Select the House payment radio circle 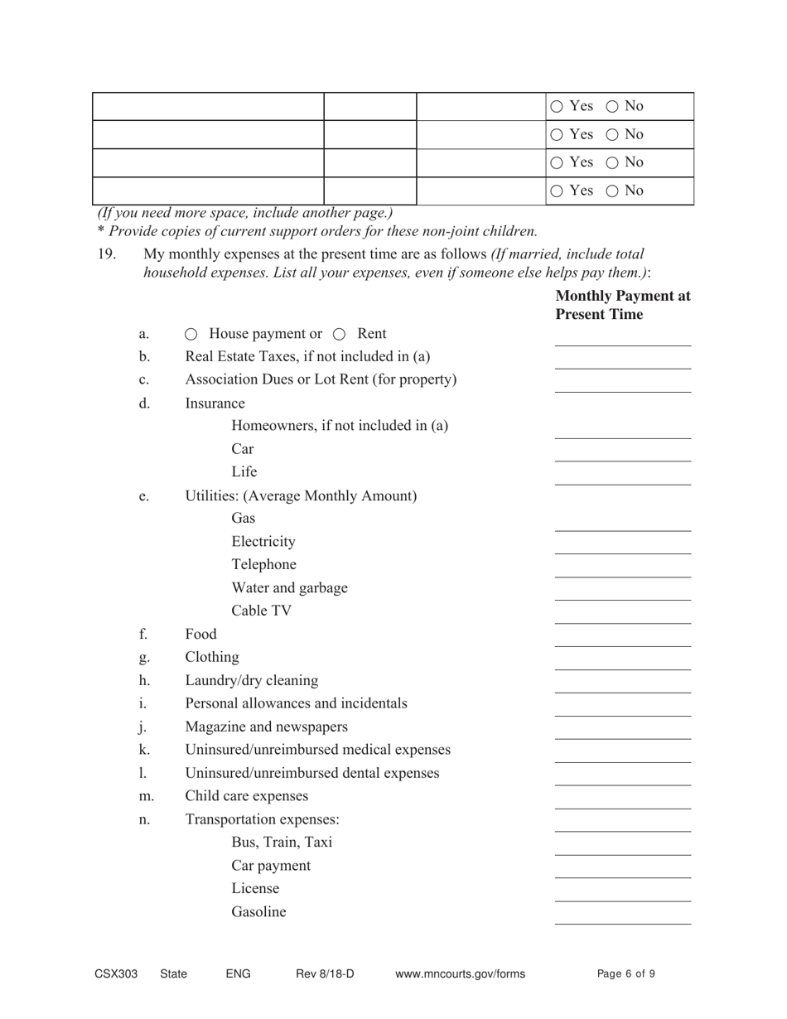(x=191, y=335)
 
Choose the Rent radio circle (x=340, y=335)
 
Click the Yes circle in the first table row (x=557, y=106)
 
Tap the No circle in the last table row (x=613, y=191)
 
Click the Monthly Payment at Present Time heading (x=622, y=305)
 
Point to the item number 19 (x=107, y=254)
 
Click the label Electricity (x=263, y=542)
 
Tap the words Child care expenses (x=247, y=796)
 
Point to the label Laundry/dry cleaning (x=251, y=681)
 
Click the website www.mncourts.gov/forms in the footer (x=461, y=974)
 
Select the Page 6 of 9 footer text (x=626, y=974)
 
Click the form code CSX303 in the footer (x=116, y=974)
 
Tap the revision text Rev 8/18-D (x=325, y=974)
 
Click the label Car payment (x=271, y=866)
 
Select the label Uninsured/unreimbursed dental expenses (x=312, y=773)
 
